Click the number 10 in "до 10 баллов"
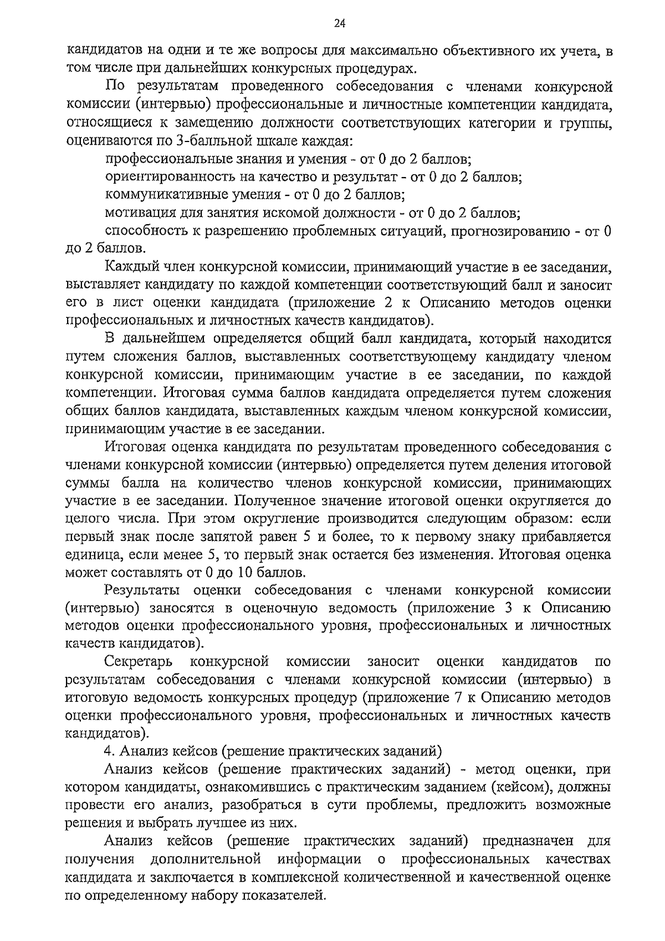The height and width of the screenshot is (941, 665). coord(246,573)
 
